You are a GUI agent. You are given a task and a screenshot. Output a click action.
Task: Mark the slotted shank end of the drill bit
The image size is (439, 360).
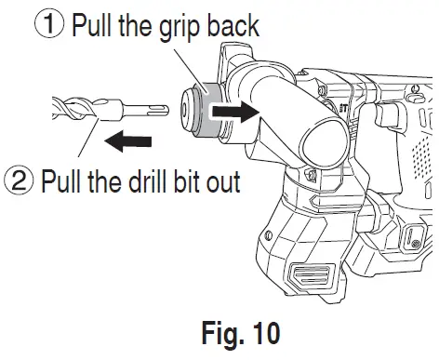coord(148,111)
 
